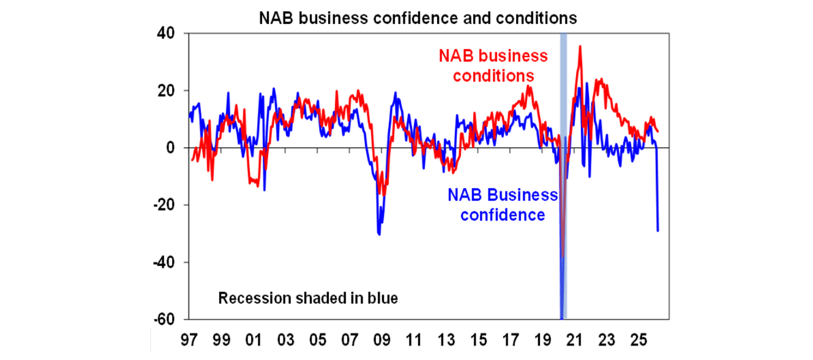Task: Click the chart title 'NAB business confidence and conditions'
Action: (418, 18)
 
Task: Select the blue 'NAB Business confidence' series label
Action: (503, 205)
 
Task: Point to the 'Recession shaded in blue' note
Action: (308, 299)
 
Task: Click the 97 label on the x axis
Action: (189, 339)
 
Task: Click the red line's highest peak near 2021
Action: (581, 46)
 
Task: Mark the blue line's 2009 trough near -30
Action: (379, 234)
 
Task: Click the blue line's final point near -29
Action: (658, 231)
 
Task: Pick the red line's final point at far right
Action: (658, 131)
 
